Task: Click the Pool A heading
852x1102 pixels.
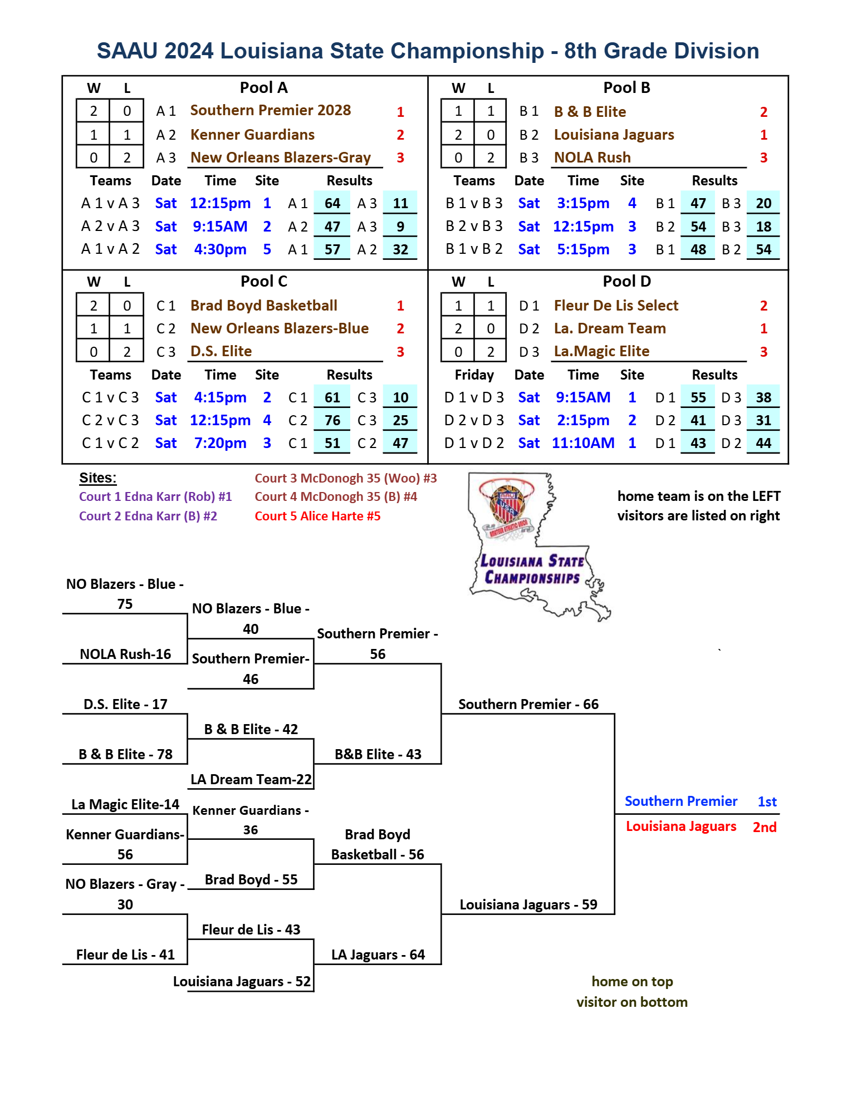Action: pos(263,88)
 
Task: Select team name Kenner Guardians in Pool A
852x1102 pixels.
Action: pos(252,135)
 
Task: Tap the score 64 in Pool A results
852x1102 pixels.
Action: pos(332,203)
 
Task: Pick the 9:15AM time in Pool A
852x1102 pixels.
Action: pos(220,227)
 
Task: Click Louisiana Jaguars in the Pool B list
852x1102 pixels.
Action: pos(614,135)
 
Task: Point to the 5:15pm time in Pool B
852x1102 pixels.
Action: pos(583,249)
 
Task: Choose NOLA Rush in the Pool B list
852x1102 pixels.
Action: pos(592,158)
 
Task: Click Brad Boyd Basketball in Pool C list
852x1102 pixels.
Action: pos(264,306)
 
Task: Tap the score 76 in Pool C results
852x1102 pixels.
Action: pos(332,420)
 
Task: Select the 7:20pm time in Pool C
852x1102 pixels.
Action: pos(220,443)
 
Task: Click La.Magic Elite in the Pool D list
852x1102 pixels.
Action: pos(601,351)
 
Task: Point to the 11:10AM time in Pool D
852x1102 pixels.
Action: pos(583,443)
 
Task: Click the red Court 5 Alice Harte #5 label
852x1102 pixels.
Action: pos(317,516)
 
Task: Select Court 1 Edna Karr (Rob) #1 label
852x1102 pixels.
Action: pos(155,496)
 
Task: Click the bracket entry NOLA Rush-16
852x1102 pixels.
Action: pos(125,654)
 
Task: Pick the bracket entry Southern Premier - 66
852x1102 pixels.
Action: pos(528,704)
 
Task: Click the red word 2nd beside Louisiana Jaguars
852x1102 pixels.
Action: pos(765,827)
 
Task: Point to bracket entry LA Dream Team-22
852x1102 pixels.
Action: pos(251,779)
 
